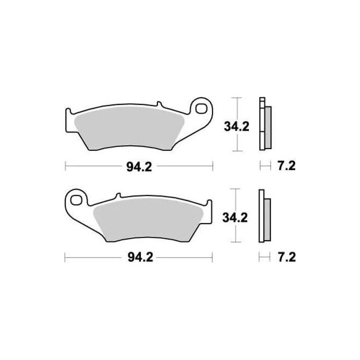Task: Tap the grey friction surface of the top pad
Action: pos(129,129)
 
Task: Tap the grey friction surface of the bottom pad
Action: pos(149,219)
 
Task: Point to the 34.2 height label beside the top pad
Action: pos(236,125)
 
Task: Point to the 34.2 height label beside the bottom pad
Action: pos(236,217)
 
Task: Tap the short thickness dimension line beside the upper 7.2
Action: pos(264,166)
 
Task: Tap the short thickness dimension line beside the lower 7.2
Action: pos(264,256)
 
